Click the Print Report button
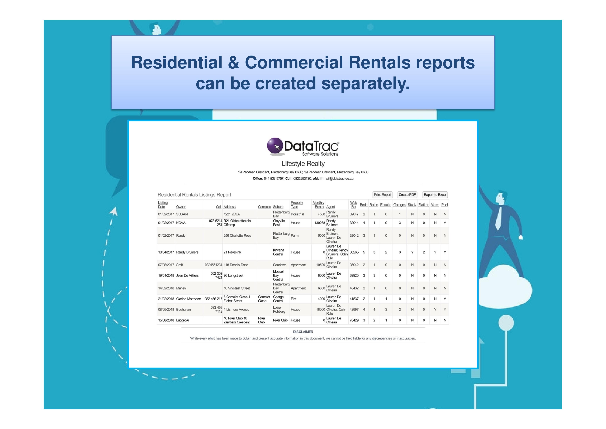382,195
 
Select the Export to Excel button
435,195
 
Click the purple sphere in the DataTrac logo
275,145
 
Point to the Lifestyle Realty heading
303,164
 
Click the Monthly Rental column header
319,205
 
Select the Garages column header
399,205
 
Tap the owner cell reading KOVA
181,223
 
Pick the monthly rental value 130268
320,223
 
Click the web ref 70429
354,320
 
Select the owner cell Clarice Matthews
188,299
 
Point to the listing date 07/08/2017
166,265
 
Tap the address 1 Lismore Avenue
236,310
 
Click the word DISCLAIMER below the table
303,332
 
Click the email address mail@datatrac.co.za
338,179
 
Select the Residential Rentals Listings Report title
194,195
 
